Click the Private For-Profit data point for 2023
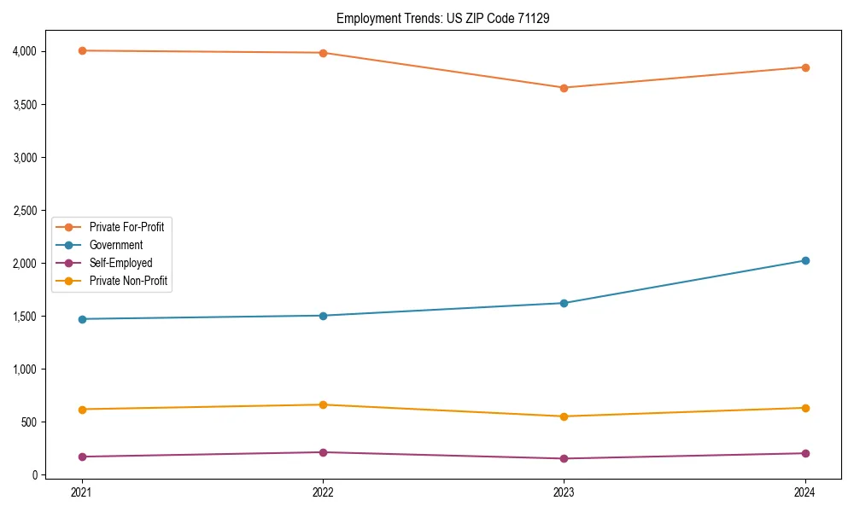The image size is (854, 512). tap(564, 88)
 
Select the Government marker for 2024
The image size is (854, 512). tap(804, 260)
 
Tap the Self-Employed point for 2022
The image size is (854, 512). tap(323, 452)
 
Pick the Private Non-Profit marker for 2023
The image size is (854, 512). tap(564, 416)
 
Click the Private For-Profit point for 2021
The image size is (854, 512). tap(82, 50)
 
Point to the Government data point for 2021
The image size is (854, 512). tap(82, 319)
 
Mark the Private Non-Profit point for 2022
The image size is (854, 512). tap(323, 404)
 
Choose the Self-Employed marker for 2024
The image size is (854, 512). tap(804, 453)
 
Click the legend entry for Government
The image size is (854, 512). tap(115, 245)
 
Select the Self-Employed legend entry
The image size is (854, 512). tap(120, 263)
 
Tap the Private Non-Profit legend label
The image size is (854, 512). tap(127, 281)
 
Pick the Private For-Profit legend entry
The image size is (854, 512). tap(126, 227)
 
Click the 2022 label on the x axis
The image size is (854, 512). tap(323, 492)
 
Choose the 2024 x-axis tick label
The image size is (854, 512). tap(804, 492)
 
